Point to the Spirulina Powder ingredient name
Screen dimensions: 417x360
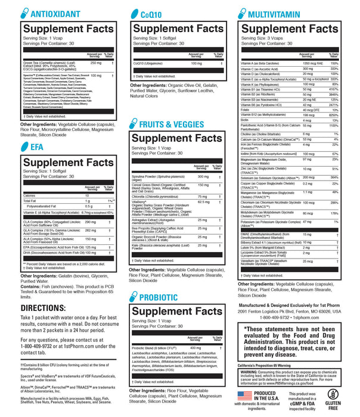coord(150,177)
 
